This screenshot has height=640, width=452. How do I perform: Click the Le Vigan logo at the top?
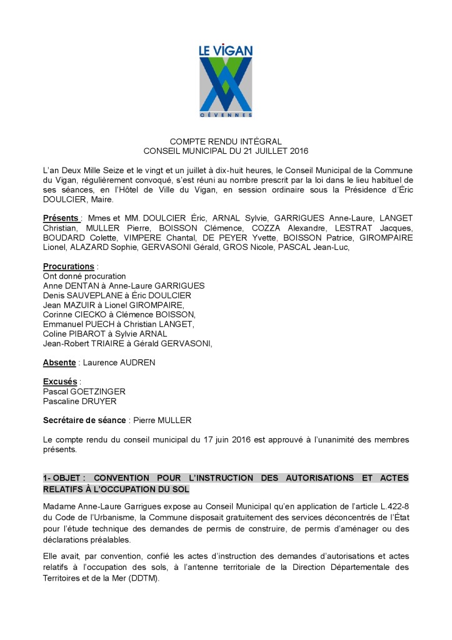(226, 79)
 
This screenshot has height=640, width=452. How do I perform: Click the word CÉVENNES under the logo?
(226, 116)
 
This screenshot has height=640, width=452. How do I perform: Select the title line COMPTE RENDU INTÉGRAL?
(226, 142)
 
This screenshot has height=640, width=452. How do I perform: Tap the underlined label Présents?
(61, 217)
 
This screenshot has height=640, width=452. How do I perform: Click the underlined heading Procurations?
(68, 266)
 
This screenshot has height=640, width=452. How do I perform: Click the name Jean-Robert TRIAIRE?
(83, 343)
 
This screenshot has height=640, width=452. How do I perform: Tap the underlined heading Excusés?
(59, 382)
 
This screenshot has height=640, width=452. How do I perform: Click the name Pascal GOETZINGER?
(84, 392)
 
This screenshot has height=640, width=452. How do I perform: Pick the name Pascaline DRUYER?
(79, 401)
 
